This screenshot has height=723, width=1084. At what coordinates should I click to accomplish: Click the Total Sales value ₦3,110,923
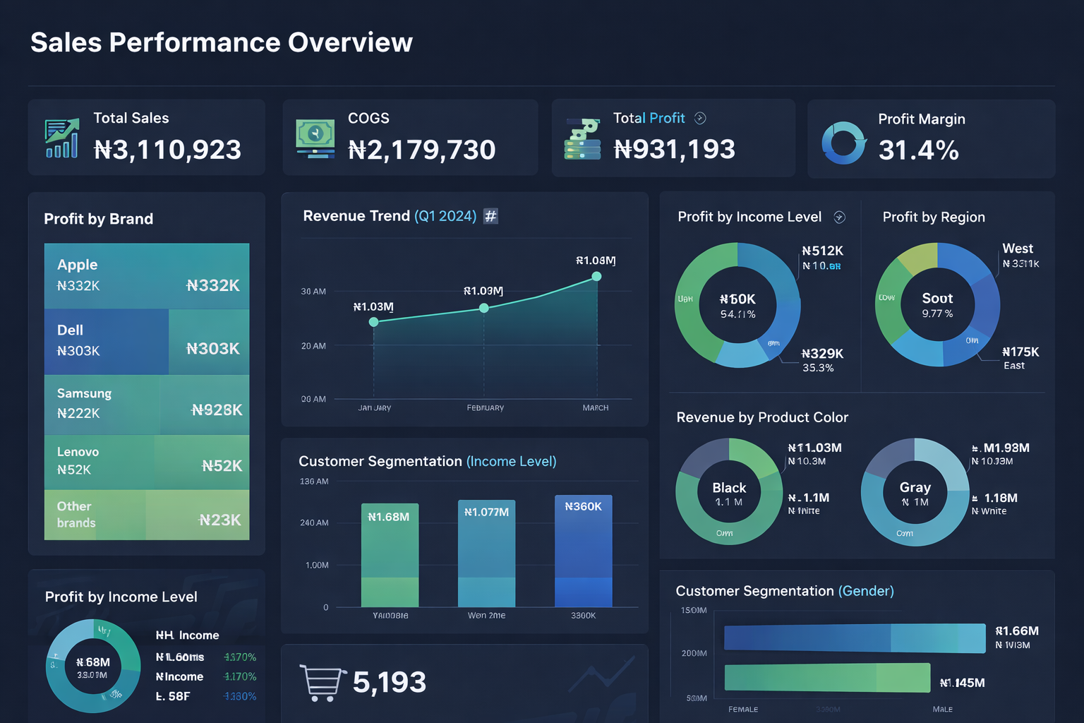[167, 150]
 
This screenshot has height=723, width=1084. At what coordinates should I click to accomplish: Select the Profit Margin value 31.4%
[918, 150]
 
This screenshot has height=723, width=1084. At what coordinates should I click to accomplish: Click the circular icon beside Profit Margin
[843, 143]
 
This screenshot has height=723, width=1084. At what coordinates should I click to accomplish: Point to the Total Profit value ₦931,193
[674, 149]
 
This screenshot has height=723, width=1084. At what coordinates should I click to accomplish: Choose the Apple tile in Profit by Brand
[147, 275]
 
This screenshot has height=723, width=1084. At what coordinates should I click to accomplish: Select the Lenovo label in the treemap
[78, 452]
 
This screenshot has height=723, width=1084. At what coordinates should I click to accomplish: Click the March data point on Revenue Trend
[596, 277]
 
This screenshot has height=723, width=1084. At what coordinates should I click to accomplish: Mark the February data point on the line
[484, 308]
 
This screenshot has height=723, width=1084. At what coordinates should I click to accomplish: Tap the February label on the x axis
[486, 408]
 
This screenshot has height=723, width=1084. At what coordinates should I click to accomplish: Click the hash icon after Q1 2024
[490, 216]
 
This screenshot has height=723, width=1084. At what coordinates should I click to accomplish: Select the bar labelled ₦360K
[583, 551]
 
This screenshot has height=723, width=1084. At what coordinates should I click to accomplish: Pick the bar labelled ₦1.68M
[390, 555]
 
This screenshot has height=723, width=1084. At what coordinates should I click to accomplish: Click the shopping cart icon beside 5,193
[322, 683]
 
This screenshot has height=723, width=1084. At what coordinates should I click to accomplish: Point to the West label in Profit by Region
[1017, 249]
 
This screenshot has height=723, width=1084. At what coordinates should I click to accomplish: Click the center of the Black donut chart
[729, 492]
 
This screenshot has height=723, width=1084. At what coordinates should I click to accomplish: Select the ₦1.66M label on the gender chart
[1016, 631]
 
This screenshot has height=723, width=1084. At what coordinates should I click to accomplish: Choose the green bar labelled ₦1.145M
[827, 678]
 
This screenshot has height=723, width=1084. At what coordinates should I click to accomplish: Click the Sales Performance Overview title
[222, 42]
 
